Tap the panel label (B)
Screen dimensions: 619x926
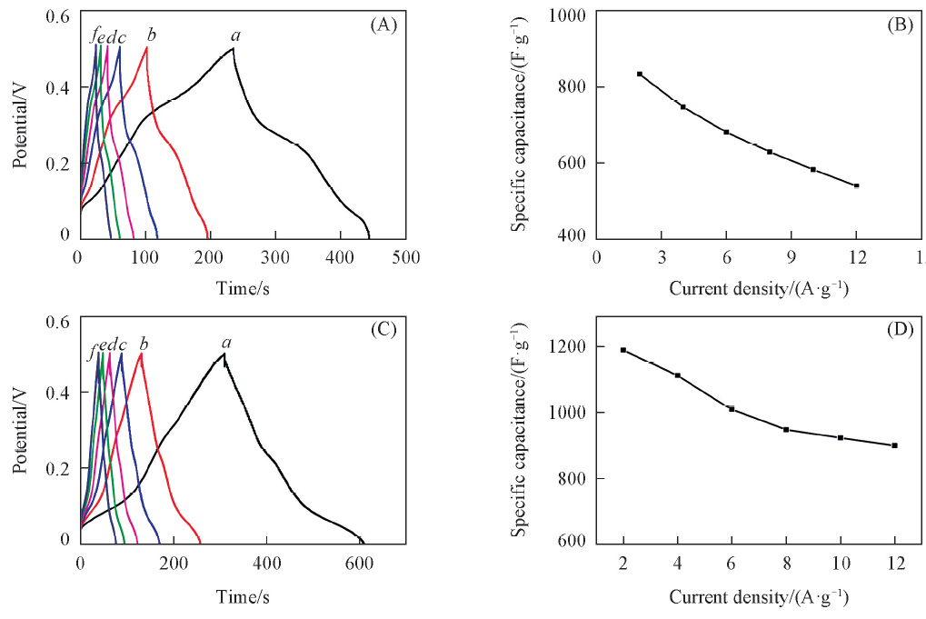coord(899,25)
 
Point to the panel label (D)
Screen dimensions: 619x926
coord(899,331)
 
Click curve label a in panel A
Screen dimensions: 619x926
coord(235,36)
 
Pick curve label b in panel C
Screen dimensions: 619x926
coord(144,344)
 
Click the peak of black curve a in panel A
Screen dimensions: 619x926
coord(234,48)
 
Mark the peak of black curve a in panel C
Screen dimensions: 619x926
coord(224,354)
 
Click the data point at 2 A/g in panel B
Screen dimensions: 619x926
coord(640,74)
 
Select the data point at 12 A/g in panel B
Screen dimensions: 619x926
coord(856,185)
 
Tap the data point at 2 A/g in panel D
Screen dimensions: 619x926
coord(623,350)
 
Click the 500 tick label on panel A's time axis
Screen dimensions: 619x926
coord(405,256)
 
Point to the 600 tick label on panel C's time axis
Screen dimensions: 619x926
coord(360,562)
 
